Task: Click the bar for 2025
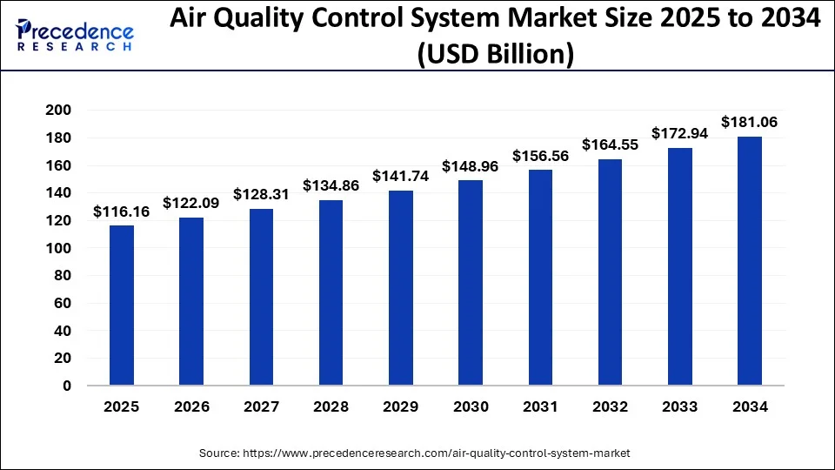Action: [122, 305]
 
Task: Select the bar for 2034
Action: [750, 260]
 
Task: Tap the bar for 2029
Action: [401, 288]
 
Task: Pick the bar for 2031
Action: [540, 278]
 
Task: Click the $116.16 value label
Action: [122, 211]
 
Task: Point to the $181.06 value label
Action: [750, 123]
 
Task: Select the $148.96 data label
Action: [471, 165]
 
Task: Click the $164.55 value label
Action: [610, 144]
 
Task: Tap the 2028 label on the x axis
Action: [331, 406]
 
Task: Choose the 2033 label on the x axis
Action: [680, 406]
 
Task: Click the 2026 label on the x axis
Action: [191, 406]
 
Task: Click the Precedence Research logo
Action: [75, 34]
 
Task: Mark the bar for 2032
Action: [610, 272]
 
